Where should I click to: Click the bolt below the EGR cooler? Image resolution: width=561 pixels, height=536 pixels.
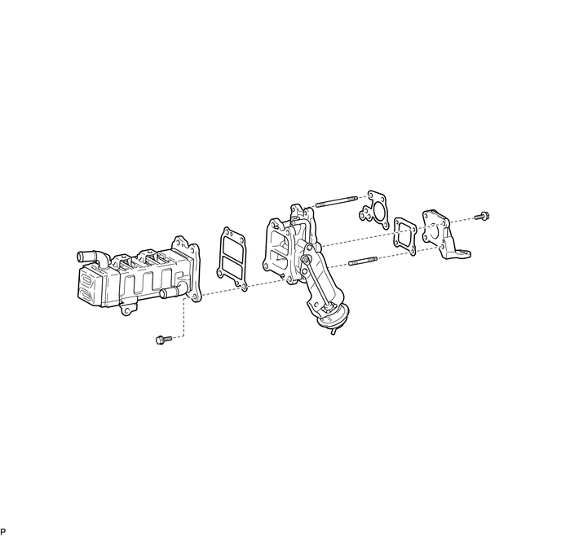[x=164, y=339]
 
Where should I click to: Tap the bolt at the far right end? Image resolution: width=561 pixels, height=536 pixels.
[x=482, y=216]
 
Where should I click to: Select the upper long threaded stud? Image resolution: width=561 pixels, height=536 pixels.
[x=336, y=201]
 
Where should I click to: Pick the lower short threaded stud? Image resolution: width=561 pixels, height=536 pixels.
[x=363, y=261]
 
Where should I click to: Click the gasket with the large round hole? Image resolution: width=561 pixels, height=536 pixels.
[x=374, y=210]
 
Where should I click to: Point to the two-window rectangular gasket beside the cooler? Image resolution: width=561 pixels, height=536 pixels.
[x=232, y=258]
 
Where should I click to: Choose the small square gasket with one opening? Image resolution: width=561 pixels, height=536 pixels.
[x=405, y=236]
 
